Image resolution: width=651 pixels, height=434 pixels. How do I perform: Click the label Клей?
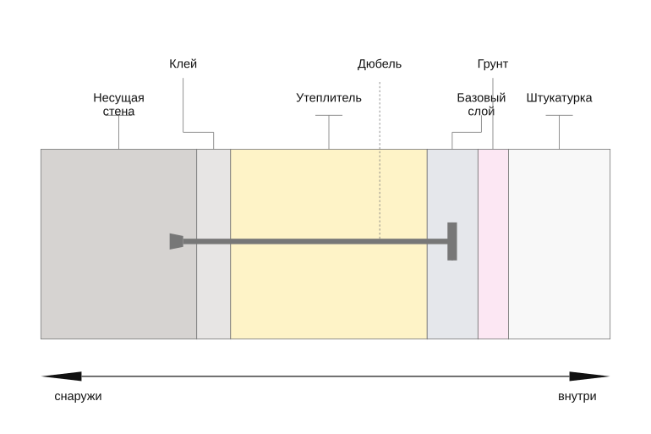(183, 64)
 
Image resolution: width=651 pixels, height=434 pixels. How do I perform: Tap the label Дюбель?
(380, 64)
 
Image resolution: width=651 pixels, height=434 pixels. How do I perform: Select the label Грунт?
(493, 64)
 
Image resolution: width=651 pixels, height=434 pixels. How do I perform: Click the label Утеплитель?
(329, 98)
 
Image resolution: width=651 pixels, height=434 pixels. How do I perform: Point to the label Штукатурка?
(559, 98)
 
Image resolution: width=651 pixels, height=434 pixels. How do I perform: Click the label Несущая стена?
(118, 105)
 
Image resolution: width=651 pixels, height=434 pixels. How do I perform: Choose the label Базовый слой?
(481, 105)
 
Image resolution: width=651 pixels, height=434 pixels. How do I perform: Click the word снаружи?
(78, 397)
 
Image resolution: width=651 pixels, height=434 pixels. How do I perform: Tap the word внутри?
(577, 397)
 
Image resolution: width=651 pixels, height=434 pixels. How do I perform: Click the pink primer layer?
(493, 244)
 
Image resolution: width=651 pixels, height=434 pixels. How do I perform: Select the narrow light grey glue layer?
(213, 291)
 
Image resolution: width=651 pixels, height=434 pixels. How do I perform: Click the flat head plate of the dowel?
(452, 241)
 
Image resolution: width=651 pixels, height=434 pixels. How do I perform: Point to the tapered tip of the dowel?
(177, 241)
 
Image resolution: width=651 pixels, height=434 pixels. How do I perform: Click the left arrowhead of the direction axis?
(63, 376)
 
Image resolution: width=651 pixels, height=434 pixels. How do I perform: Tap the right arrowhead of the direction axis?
(589, 376)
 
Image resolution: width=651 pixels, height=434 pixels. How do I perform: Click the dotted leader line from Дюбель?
(380, 160)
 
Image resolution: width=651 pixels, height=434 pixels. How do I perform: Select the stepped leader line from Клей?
(199, 133)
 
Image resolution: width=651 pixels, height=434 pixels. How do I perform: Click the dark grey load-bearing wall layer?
(118, 291)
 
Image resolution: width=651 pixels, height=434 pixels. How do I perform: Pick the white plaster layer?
(559, 244)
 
